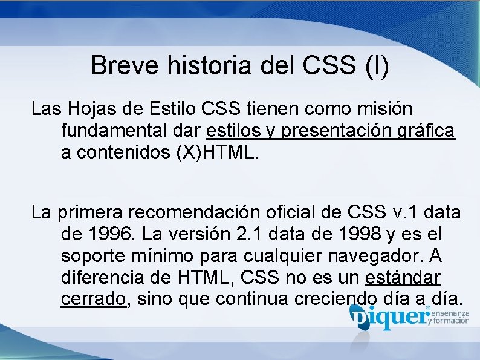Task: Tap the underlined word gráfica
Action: pos(429,131)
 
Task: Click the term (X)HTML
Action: pos(218,152)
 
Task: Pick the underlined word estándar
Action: pos(403,278)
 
